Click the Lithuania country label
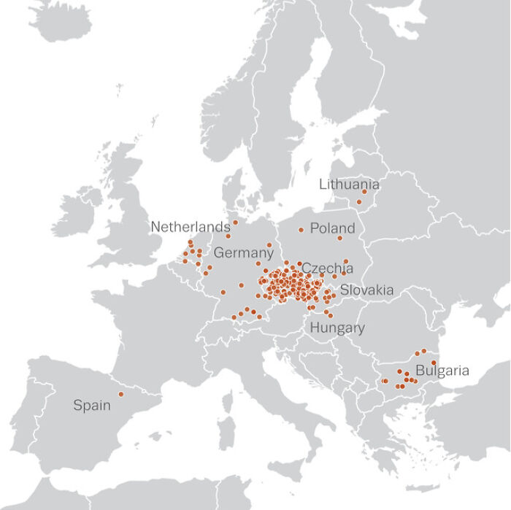(349, 185)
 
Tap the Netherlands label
(191, 227)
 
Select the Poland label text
(332, 228)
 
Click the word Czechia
(327, 268)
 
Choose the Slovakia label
(366, 290)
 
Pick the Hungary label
(337, 328)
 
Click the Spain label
(92, 405)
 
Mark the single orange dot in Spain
(121, 395)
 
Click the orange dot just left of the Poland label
(301, 230)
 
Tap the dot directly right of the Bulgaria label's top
(434, 363)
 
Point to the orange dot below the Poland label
(339, 238)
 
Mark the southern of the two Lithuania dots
(358, 202)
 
